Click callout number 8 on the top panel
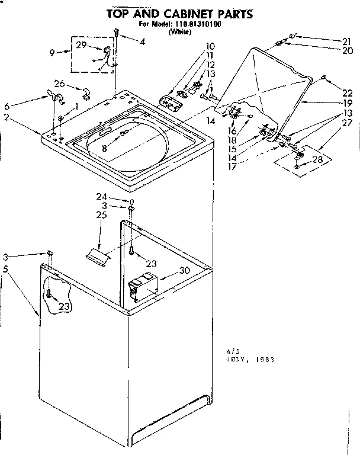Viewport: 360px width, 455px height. [104, 149]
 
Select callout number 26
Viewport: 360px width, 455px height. [59, 83]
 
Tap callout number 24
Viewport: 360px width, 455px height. [102, 197]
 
